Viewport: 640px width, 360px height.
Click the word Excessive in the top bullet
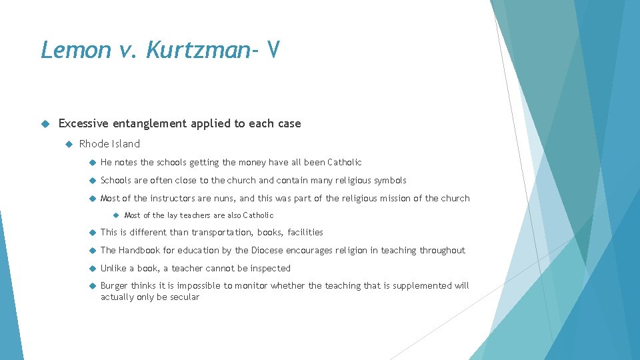83,123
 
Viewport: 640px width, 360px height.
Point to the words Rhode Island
109,144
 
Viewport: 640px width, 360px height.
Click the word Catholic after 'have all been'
345,162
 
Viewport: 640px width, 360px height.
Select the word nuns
225,198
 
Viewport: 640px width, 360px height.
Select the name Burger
114,286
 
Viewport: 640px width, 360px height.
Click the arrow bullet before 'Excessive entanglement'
45,123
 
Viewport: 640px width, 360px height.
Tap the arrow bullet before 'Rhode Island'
67,144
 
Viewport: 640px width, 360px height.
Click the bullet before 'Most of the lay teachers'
115,215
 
